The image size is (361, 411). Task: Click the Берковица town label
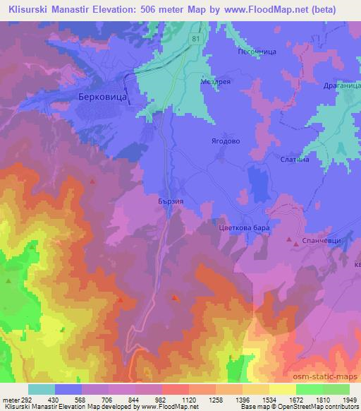103,100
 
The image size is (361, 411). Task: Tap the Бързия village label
171,200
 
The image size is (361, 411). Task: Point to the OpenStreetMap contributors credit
326,407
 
